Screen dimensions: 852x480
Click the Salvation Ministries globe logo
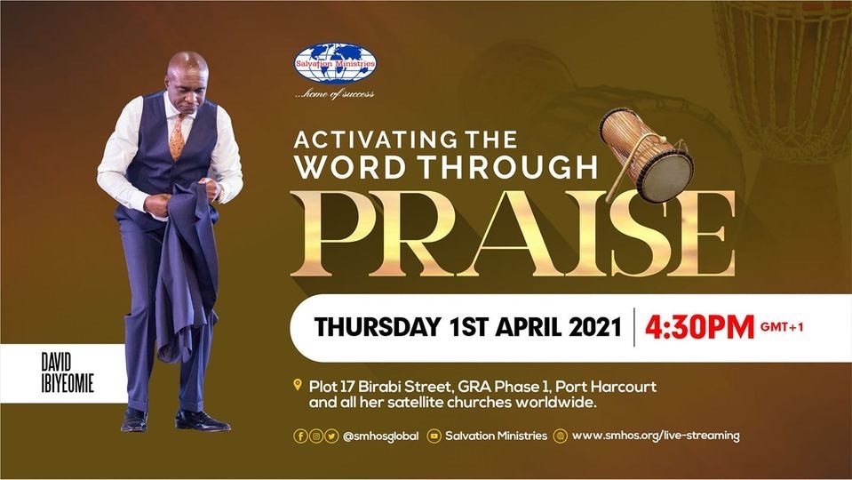coord(335,64)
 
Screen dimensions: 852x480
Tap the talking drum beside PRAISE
coord(647,155)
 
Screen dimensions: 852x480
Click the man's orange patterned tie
coord(177,137)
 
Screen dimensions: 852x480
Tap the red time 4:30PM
coord(699,327)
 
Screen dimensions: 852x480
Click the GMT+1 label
coord(782,327)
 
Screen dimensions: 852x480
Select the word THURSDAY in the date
coord(377,327)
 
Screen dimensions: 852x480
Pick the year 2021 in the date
coord(595,327)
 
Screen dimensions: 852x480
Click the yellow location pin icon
coord(298,385)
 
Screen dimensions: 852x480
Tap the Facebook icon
coord(300,436)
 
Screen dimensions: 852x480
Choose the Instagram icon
coord(315,436)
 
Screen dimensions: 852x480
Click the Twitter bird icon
coord(331,436)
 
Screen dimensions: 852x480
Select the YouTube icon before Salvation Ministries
coord(434,436)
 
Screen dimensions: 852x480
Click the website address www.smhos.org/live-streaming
coord(656,436)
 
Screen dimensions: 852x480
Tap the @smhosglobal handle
coord(380,436)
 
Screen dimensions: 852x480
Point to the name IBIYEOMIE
coord(68,383)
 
